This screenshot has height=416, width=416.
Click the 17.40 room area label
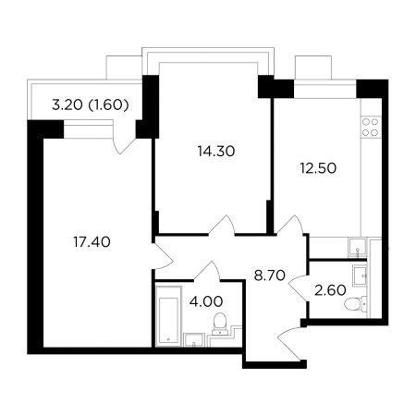pyautogui.click(x=92, y=242)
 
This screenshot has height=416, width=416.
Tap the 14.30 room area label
pyautogui.click(x=216, y=151)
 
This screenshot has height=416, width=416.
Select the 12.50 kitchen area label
pyautogui.click(x=318, y=168)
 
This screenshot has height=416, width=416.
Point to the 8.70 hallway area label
pyautogui.click(x=270, y=275)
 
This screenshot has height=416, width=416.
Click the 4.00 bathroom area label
pyautogui.click(x=206, y=301)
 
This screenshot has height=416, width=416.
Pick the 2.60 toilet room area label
pyautogui.click(x=330, y=290)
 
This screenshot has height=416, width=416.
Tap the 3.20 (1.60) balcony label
pyautogui.click(x=91, y=105)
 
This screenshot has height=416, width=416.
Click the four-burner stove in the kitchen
pyautogui.click(x=370, y=127)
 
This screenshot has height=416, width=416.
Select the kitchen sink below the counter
pyautogui.click(x=357, y=247)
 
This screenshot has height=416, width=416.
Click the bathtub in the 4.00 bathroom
pyautogui.click(x=168, y=316)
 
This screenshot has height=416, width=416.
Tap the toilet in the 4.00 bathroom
pyautogui.click(x=220, y=324)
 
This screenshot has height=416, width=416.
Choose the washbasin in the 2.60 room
pyautogui.click(x=360, y=275)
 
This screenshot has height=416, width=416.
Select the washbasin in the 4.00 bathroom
pyautogui.click(x=194, y=340)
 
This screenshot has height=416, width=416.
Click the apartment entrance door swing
pyautogui.click(x=289, y=343)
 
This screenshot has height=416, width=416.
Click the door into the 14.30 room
pyautogui.click(x=222, y=225)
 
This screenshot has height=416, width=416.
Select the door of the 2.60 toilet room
pyautogui.click(x=299, y=288)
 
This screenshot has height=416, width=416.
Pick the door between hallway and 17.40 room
pyautogui.click(x=163, y=255)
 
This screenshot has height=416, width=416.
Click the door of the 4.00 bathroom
pyautogui.click(x=207, y=271)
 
